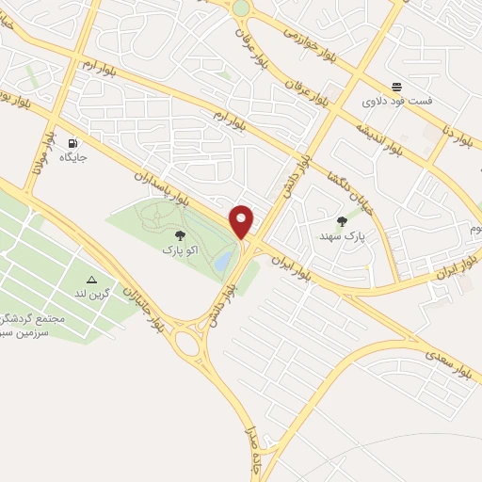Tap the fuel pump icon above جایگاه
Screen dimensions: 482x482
coord(72,144)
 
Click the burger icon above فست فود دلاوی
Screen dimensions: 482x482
coord(397,85)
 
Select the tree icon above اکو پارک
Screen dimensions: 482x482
coord(179,236)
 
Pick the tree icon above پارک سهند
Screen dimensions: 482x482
coord(341,220)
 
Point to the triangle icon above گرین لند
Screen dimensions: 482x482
coord(91,280)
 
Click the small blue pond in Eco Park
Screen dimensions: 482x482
coord(222,263)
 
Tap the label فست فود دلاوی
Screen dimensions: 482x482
coord(398,100)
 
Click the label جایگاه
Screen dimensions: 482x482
coord(73,158)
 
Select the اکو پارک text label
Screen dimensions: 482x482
coord(179,250)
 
